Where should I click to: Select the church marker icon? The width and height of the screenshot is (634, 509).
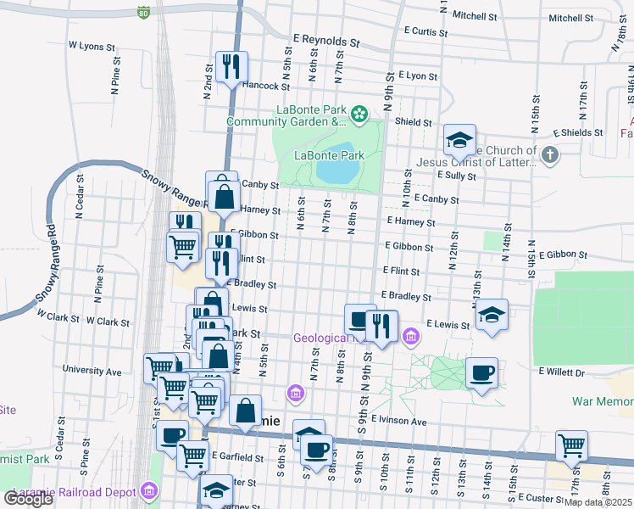pyautogui.click(x=550, y=154)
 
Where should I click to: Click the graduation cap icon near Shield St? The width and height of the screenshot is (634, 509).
pyautogui.click(x=459, y=140)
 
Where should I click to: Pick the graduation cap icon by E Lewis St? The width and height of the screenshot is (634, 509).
pyautogui.click(x=492, y=315)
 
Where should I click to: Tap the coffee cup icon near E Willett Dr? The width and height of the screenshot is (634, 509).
pyautogui.click(x=481, y=373)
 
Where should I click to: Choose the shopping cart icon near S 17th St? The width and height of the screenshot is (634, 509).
pyautogui.click(x=572, y=445)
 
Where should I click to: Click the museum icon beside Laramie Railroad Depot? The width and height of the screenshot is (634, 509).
pyautogui.click(x=150, y=490)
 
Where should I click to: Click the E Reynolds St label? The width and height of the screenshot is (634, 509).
pyautogui.click(x=326, y=39)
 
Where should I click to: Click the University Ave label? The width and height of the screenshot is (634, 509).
pyautogui.click(x=92, y=371)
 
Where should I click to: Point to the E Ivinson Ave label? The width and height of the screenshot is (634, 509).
pyautogui.click(x=398, y=421)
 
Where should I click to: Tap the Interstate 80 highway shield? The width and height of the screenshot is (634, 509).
pyautogui.click(x=143, y=13)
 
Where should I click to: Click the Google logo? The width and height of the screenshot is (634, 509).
pyautogui.click(x=28, y=498)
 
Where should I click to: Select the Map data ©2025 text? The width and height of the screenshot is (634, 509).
pyautogui.click(x=598, y=502)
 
